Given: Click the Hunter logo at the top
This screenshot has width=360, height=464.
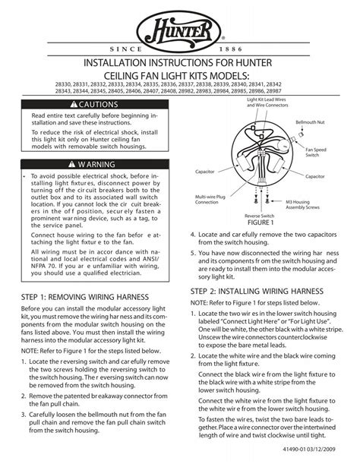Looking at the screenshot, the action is tap(181, 33).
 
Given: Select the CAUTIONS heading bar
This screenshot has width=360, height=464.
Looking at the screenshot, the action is tap(97, 103).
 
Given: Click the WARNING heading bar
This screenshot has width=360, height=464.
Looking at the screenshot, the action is tap(97, 163).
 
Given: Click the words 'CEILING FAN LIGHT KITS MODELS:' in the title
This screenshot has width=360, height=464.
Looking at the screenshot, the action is tap(181, 79).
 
